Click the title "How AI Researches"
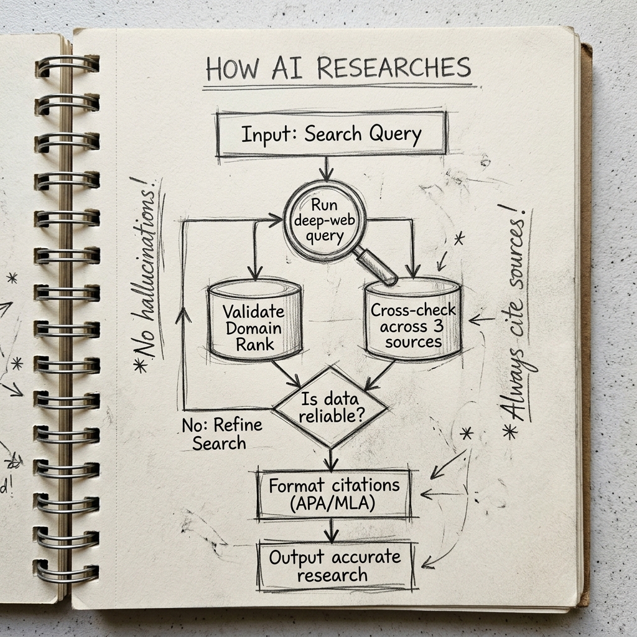tap(338, 68)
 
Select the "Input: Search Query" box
tap(331, 134)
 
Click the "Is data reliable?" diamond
tap(331, 407)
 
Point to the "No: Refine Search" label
tap(221, 434)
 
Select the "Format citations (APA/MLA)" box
tap(334, 494)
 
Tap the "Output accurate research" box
tap(335, 565)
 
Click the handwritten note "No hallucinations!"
tap(146, 274)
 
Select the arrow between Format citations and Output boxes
tap(332, 531)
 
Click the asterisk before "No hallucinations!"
tap(141, 365)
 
